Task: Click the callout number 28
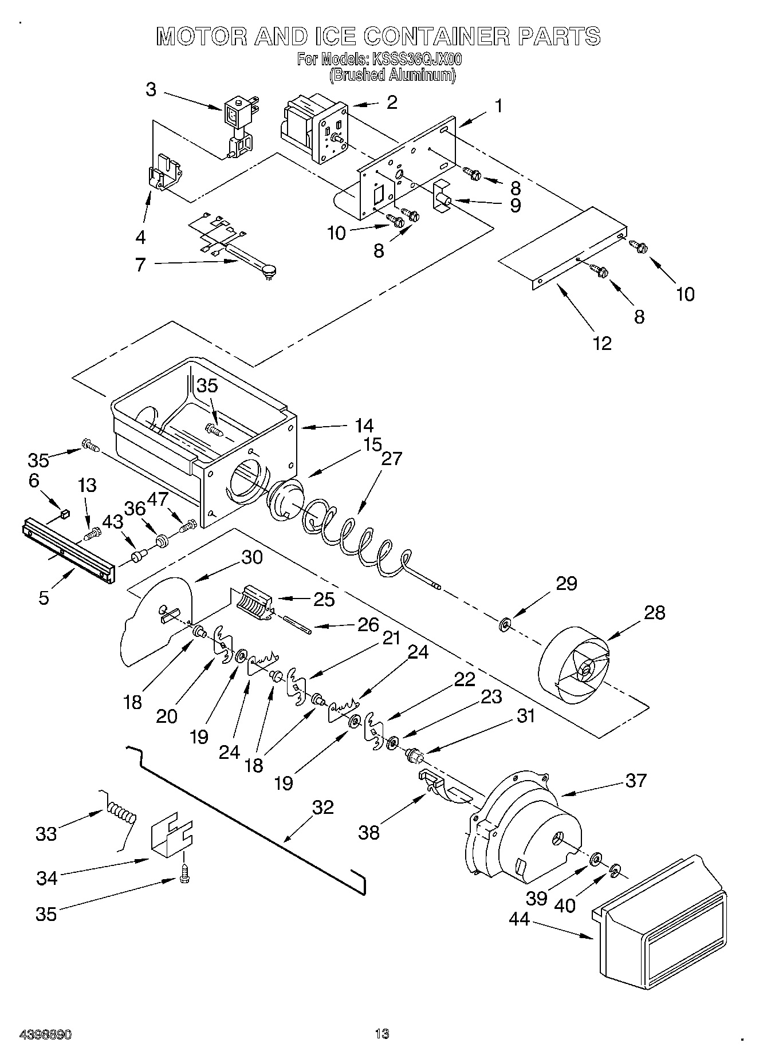pos(654,613)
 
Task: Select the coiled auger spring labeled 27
pos(355,536)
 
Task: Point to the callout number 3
pos(151,90)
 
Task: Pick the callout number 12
pos(603,343)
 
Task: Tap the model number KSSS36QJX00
pos(417,59)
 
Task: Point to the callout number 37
pos(636,780)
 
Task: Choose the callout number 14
pos(364,426)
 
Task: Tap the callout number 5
pos(44,597)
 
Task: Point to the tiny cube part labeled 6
pos(65,513)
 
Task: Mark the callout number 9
pos(515,204)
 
